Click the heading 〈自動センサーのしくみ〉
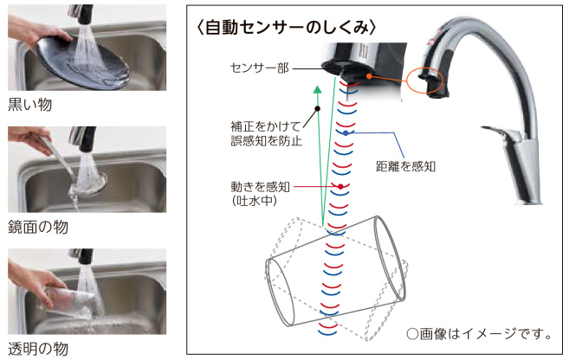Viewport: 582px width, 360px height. pyautogui.click(x=287, y=28)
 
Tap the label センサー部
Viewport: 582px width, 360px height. pyautogui.click(x=260, y=68)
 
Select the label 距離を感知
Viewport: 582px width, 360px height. pyautogui.click(x=405, y=166)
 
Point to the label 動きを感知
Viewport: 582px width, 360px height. pyautogui.click(x=260, y=186)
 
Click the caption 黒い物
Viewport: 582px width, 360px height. pyautogui.click(x=30, y=105)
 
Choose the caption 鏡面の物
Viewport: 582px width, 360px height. pyautogui.click(x=38, y=227)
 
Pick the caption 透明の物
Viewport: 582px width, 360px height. pyautogui.click(x=38, y=349)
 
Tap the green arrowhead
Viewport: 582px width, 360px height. pyautogui.click(x=317, y=89)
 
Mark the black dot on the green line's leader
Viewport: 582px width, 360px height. pyautogui.click(x=317, y=109)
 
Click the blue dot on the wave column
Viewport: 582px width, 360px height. pyautogui.click(x=346, y=132)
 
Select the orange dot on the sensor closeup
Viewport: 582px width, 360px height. pyautogui.click(x=369, y=76)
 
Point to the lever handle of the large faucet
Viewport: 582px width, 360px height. pyautogui.click(x=497, y=132)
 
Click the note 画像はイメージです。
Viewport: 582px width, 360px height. pyautogui.click(x=479, y=334)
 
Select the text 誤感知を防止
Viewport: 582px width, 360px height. pyautogui.click(x=267, y=141)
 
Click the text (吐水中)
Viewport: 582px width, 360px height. pyautogui.click(x=255, y=201)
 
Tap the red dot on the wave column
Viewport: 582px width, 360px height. pyautogui.click(x=340, y=186)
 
